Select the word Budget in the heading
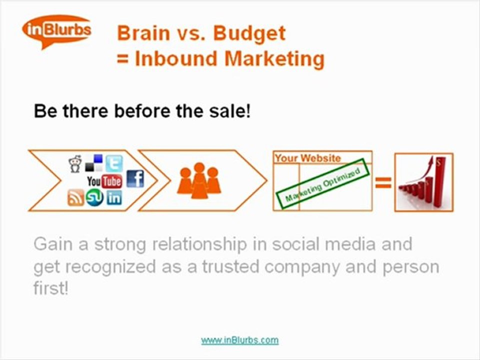point(249,33)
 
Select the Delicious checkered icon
point(94,163)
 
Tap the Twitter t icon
point(114,163)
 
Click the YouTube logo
point(104,180)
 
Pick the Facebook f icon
point(135,178)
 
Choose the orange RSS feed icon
point(75,198)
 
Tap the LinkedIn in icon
point(114,198)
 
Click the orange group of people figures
point(199,180)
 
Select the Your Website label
point(307,158)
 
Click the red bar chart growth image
point(423,182)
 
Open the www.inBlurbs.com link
point(239,340)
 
